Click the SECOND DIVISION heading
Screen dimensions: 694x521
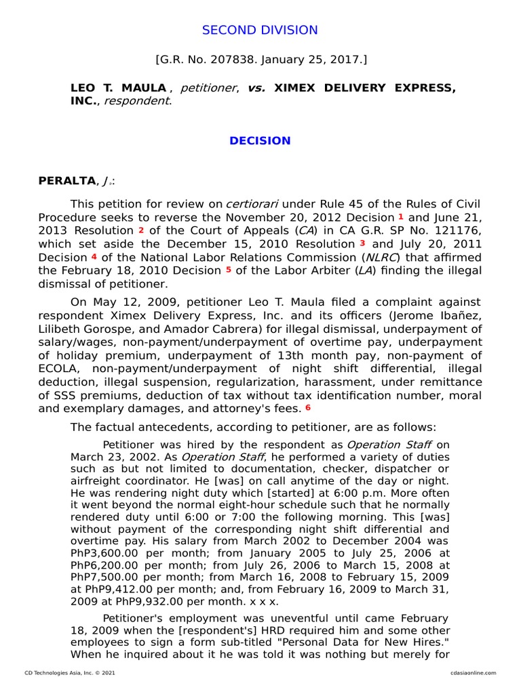pyautogui.click(x=260, y=30)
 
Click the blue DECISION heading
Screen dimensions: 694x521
pyautogui.click(x=260, y=141)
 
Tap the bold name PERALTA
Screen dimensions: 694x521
pyautogui.click(x=67, y=181)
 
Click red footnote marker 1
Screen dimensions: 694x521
pyautogui.click(x=400, y=216)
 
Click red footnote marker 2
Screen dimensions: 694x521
pyautogui.click(x=140, y=230)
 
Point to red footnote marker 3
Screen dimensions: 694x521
pyautogui.click(x=362, y=243)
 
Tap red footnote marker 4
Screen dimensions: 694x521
pyautogui.click(x=94, y=257)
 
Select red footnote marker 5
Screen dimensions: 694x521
pyautogui.click(x=229, y=270)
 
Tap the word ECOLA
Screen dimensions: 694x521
pyautogui.click(x=59, y=368)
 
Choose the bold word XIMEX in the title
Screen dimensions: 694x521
pyautogui.click(x=296, y=88)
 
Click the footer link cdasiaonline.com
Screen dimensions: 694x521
pyautogui.click(x=473, y=673)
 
